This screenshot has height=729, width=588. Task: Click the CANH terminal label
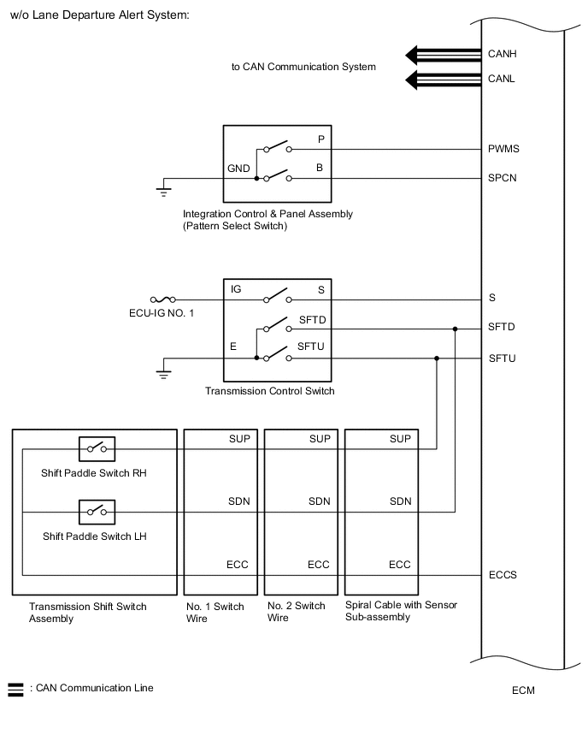pyautogui.click(x=502, y=54)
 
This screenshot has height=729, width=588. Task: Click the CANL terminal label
pyautogui.click(x=502, y=80)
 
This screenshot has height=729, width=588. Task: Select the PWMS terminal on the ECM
pyautogui.click(x=503, y=149)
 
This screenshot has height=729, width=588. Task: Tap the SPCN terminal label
pyautogui.click(x=503, y=178)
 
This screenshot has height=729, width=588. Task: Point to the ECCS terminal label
pyautogui.click(x=503, y=575)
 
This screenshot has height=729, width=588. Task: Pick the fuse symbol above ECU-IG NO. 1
pyautogui.click(x=162, y=299)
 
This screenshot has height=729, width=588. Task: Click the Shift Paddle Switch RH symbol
pyautogui.click(x=97, y=447)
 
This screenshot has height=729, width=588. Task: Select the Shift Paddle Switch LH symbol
pyautogui.click(x=97, y=512)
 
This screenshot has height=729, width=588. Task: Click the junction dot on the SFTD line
pyautogui.click(x=456, y=328)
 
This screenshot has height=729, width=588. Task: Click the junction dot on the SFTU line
pyautogui.click(x=437, y=359)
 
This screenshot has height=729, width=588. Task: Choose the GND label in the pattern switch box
pyautogui.click(x=238, y=169)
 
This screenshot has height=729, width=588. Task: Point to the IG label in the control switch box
pyautogui.click(x=236, y=289)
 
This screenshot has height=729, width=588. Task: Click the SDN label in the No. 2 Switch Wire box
pyautogui.click(x=319, y=501)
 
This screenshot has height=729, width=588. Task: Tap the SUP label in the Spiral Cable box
pyautogui.click(x=400, y=439)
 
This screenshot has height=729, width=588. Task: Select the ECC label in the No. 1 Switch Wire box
pyautogui.click(x=238, y=565)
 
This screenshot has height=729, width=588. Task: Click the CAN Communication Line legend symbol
pyautogui.click(x=15, y=688)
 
